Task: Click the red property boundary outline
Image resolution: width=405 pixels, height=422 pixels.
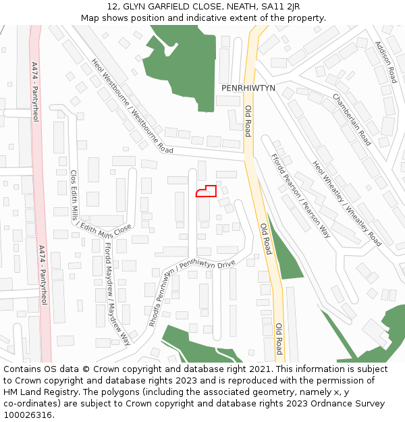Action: click(206, 191)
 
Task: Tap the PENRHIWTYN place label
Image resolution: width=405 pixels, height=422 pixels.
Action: click(248, 88)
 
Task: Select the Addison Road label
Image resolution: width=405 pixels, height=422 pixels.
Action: click(384, 61)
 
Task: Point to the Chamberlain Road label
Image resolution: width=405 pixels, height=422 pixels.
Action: click(352, 120)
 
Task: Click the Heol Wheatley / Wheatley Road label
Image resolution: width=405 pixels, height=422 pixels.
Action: click(346, 203)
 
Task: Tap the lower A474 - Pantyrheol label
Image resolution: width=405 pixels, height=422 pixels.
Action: click(43, 275)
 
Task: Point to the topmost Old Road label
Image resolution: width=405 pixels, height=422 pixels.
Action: click(248, 121)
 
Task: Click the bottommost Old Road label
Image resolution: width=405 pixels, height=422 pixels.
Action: click(278, 339)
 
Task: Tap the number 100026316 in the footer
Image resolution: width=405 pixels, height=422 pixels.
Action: click(28, 415)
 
